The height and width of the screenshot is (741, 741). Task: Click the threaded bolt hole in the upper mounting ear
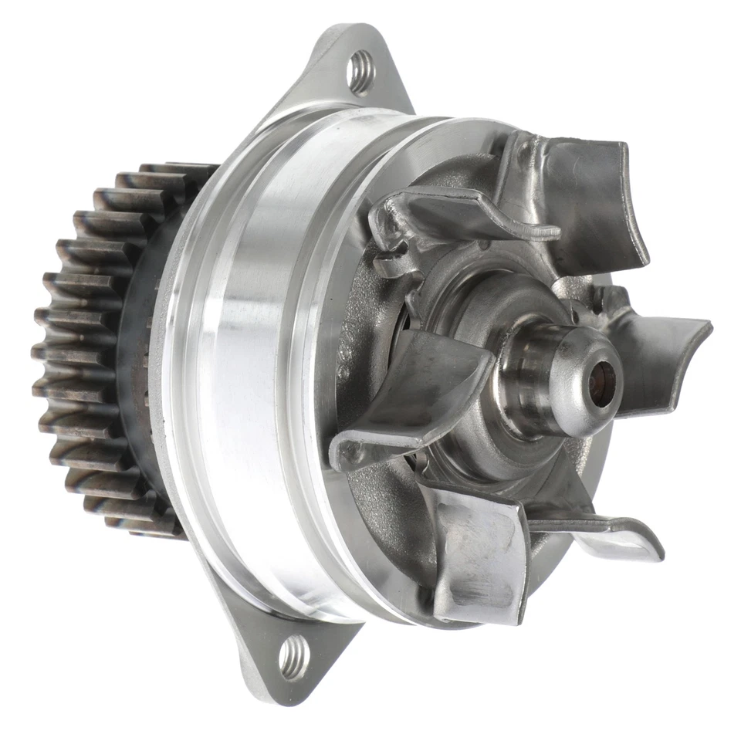(360, 72)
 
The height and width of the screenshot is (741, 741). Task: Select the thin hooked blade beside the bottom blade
(610, 533)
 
